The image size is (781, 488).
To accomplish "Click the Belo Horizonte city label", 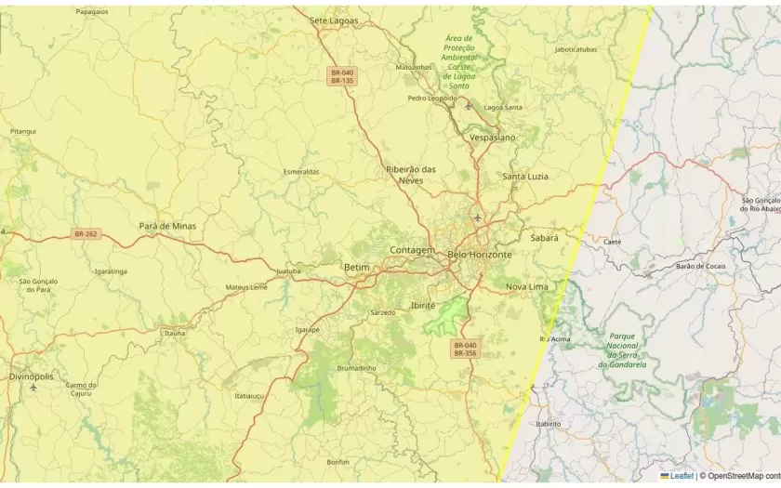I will point(480,254).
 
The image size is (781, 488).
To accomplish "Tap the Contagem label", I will point(412,250).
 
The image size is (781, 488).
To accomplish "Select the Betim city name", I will point(356,267).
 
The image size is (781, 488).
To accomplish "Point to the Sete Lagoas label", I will point(334,20).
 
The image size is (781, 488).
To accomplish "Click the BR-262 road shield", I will point(86,233).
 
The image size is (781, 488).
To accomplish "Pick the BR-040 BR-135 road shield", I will point(342,76).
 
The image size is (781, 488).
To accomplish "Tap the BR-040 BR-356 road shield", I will point(465,349).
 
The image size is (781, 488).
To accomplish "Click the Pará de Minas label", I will point(167,226).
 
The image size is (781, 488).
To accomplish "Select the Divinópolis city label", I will point(32,376).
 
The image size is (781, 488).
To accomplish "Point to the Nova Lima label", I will point(527,286).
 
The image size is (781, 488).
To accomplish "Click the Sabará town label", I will point(544,238).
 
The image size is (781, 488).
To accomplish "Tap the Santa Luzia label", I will point(525,176).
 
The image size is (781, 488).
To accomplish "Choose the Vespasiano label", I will point(493,137).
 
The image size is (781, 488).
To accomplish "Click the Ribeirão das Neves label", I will point(411,175).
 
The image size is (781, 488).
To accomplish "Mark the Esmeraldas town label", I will point(301,172).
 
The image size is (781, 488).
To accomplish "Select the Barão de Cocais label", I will point(700,266).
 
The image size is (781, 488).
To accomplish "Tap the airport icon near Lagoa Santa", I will point(468,106).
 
